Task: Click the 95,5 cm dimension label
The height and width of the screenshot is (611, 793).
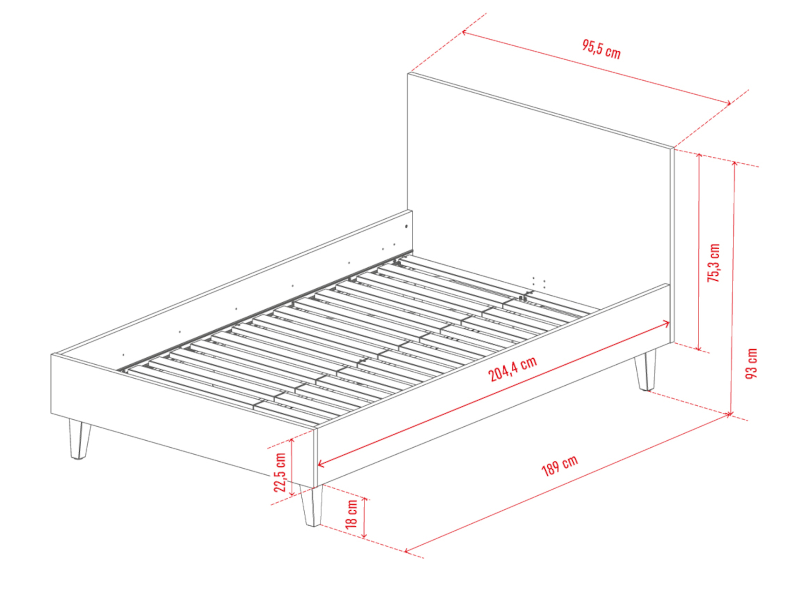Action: click(601, 49)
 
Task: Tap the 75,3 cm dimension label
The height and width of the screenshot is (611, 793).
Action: click(714, 263)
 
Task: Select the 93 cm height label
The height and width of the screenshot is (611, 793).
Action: click(751, 363)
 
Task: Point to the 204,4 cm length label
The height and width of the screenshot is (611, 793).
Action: click(513, 369)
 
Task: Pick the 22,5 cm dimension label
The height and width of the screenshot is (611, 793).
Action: click(279, 472)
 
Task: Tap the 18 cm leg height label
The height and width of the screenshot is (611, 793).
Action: click(351, 514)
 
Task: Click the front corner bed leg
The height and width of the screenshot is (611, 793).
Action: click(311, 506)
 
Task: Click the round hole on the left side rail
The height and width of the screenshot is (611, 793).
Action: click(406, 227)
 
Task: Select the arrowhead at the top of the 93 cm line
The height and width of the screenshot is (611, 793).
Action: click(734, 164)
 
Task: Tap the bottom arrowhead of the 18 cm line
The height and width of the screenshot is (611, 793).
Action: click(365, 535)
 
